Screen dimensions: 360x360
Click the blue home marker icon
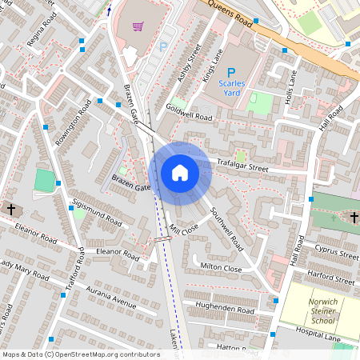click(180, 173)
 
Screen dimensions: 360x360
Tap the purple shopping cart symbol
click(138, 26)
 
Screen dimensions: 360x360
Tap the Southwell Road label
click(227, 227)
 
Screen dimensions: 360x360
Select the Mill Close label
click(183, 229)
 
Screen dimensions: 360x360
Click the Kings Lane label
click(210, 63)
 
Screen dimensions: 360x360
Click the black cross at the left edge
click(11, 210)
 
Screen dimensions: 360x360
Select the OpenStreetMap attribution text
click(80, 354)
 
